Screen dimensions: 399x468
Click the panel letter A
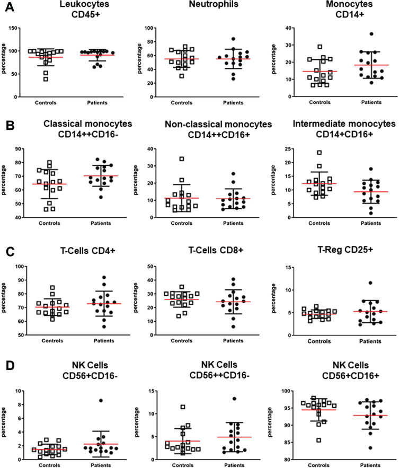pyautogui.click(x=10, y=6)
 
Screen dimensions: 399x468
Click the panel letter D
pyautogui.click(x=10, y=366)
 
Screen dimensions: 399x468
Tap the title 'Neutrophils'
pyautogui.click(x=214, y=4)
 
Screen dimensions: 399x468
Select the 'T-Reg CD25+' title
pyautogui.click(x=345, y=250)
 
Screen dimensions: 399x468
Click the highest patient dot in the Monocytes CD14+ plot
pyautogui.click(x=371, y=34)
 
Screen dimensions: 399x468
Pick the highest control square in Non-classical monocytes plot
pyautogui.click(x=181, y=159)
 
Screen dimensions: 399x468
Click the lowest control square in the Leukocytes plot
pyautogui.click(x=46, y=79)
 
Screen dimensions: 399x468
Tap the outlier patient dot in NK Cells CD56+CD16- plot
pyautogui.click(x=101, y=401)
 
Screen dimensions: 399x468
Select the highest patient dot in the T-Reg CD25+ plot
pyautogui.click(x=370, y=282)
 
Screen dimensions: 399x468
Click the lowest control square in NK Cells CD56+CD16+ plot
pyautogui.click(x=318, y=440)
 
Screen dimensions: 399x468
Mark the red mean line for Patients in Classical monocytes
pyautogui.click(x=101, y=176)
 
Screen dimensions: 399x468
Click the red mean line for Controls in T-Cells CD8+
pyautogui.click(x=181, y=299)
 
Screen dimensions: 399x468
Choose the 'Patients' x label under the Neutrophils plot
pyautogui.click(x=233, y=103)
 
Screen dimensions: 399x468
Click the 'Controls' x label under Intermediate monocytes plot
pyautogui.click(x=319, y=223)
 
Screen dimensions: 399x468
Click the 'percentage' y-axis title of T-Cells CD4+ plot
pyautogui.click(x=3, y=298)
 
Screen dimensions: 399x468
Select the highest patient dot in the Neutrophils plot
pyautogui.click(x=233, y=39)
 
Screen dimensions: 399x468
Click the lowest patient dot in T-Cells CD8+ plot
pyautogui.click(x=233, y=327)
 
